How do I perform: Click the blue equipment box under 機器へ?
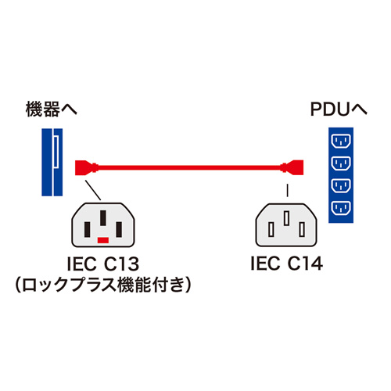coord(53,162)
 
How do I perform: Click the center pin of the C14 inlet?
coord(287,218)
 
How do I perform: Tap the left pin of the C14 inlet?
coord(271,228)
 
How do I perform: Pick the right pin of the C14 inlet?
coord(303,228)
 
